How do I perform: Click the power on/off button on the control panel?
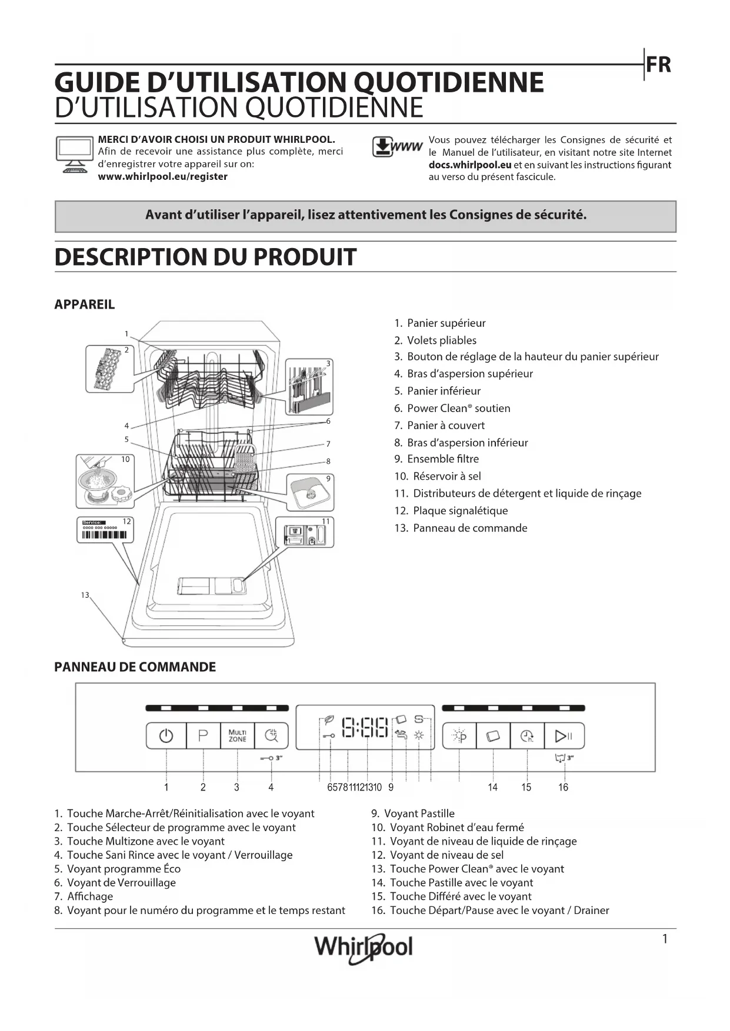(x=166, y=735)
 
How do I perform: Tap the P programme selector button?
(x=203, y=735)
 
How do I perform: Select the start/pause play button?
(x=563, y=735)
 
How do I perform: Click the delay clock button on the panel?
(x=527, y=735)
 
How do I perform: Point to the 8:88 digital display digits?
(x=365, y=727)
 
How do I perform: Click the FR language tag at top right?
(x=658, y=65)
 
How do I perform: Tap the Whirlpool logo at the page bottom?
(x=364, y=947)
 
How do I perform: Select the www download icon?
(x=397, y=147)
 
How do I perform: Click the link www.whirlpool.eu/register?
(x=162, y=176)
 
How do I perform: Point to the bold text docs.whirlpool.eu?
(x=469, y=165)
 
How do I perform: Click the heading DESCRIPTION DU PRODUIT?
(x=205, y=257)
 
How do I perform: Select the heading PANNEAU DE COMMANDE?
(x=135, y=667)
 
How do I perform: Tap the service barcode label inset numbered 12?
(x=105, y=530)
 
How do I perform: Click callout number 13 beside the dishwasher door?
(x=85, y=595)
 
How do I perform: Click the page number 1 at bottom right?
(x=665, y=939)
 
